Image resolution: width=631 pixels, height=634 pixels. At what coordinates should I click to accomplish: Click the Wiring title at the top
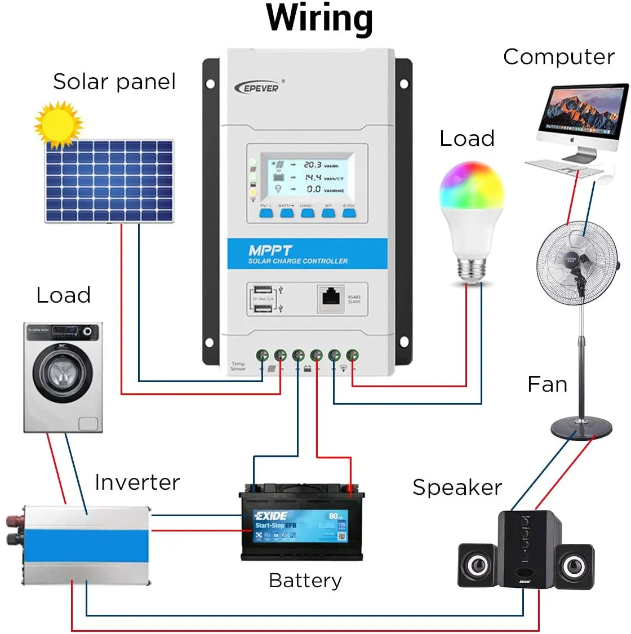[x=319, y=18]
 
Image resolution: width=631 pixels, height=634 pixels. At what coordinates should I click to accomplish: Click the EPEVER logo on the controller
[x=258, y=87]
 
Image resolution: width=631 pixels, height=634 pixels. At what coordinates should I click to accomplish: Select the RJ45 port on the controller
[x=331, y=298]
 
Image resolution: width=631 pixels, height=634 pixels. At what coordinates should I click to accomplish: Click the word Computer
[x=558, y=57]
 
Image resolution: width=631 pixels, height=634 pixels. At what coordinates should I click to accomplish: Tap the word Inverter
[x=137, y=482]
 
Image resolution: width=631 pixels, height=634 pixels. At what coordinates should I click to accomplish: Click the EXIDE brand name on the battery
[x=271, y=516]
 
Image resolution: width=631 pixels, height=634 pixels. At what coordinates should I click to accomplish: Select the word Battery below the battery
[x=305, y=580]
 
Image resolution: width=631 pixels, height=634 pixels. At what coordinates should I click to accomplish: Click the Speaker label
[x=457, y=487]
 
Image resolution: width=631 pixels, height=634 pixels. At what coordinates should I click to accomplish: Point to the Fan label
[x=547, y=384]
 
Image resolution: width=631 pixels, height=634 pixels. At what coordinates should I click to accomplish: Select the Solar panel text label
[x=114, y=82]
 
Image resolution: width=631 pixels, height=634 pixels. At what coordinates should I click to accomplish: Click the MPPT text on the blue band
[x=270, y=250]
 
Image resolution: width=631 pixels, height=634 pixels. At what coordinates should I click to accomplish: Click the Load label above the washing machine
[x=63, y=295]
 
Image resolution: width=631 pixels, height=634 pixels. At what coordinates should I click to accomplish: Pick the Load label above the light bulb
[x=467, y=139]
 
